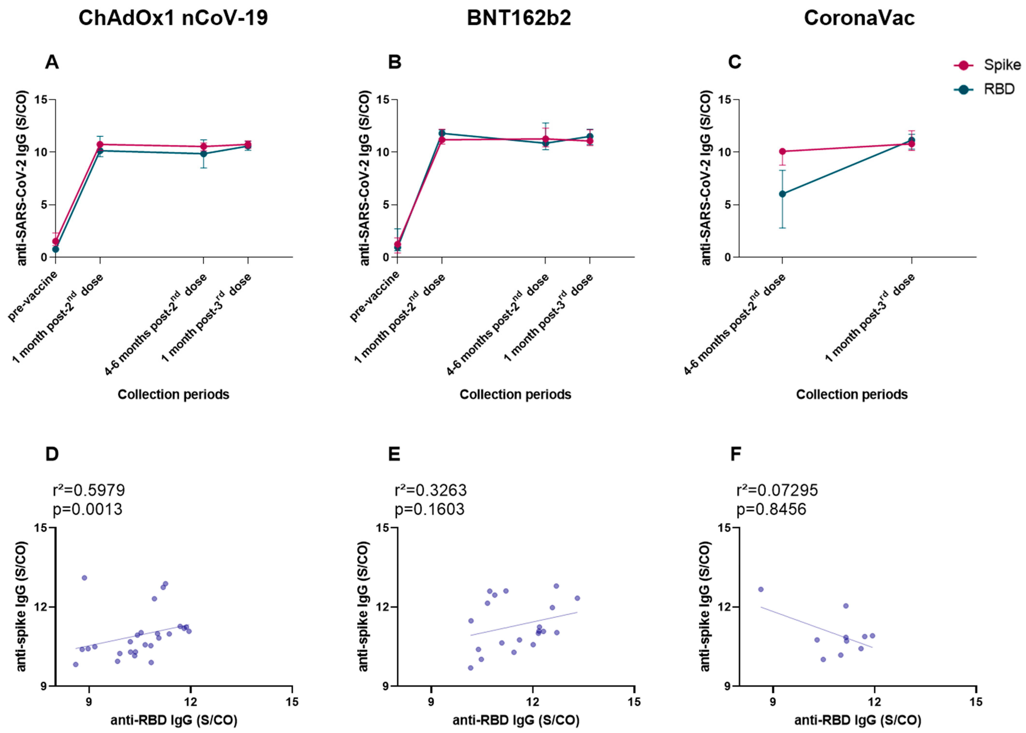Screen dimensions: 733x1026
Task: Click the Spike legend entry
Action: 1002,65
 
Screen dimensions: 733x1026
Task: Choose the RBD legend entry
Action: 999,89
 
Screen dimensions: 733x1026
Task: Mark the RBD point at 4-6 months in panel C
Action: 782,194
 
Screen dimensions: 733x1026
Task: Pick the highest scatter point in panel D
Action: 84,578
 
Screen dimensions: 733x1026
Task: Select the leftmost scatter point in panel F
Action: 761,589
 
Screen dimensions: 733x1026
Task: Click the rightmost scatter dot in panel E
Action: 577,598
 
